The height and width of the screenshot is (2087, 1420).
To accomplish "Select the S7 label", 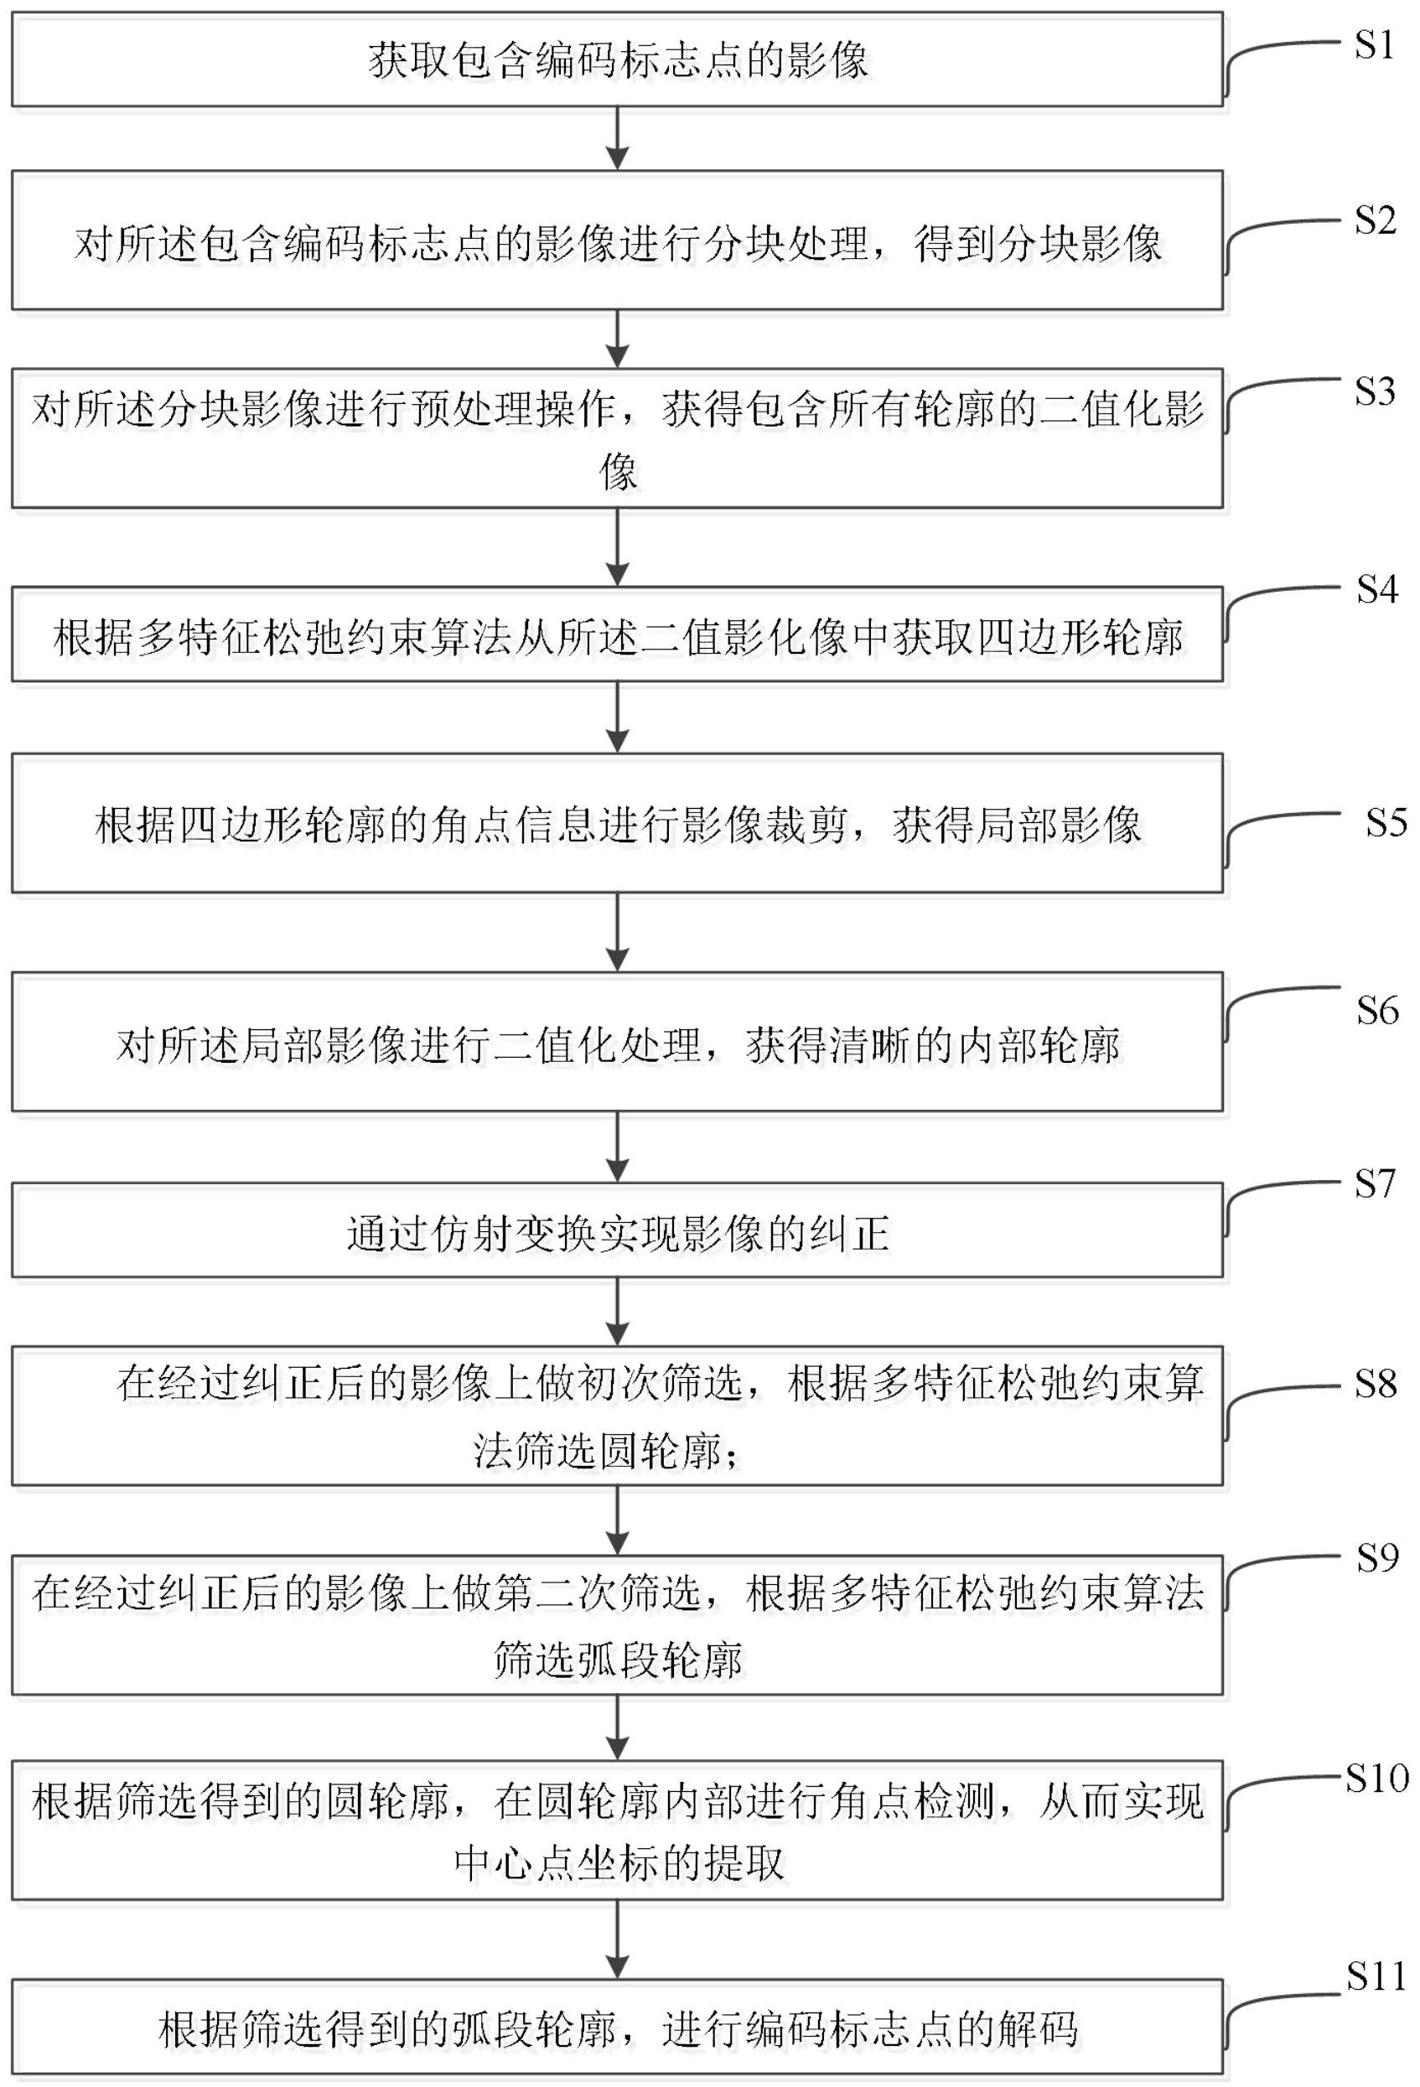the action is pos(1375,1183).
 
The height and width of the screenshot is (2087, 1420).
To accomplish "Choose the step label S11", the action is pos(1376,1976).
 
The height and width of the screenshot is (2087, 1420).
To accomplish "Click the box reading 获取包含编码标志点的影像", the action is pos(617,60).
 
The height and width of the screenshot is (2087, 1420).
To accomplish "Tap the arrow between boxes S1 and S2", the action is pos(617,138).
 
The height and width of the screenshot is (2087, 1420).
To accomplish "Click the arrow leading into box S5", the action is pos(617,717).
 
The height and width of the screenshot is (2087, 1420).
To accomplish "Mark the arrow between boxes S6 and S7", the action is pos(617,1147).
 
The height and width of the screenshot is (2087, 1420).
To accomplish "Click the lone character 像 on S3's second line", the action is pos(618,470).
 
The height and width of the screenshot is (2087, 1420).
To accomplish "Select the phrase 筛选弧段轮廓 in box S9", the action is pos(619,1660).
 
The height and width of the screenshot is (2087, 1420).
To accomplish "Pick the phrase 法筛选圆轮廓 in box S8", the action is pos(598,1449).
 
